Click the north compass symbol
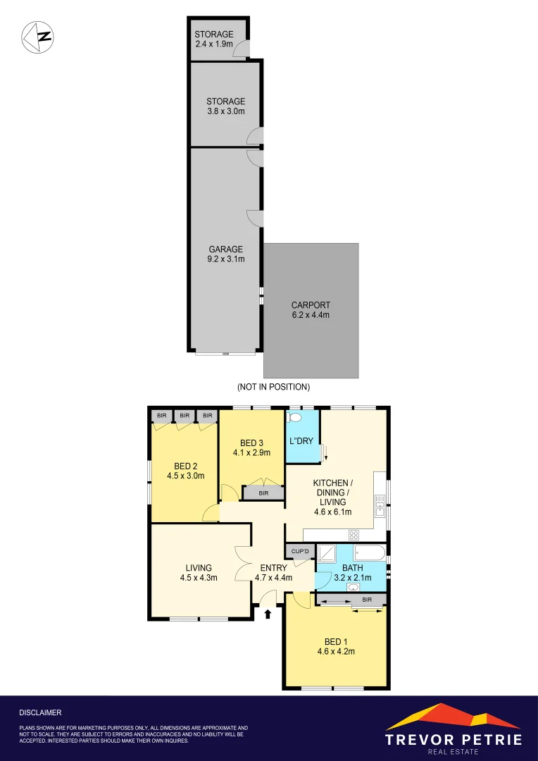pos(38,37)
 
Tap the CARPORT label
pos(311,305)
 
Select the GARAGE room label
pos(225,249)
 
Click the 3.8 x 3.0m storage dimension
pos(225,111)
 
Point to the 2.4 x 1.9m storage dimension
pos(214,44)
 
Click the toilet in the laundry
pos(294,418)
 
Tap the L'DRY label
pos(301,441)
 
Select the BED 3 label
pos(251,443)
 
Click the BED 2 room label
pos(184,465)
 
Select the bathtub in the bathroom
pos(369,552)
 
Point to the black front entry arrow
pos(268,614)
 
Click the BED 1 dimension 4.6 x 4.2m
pos(335,652)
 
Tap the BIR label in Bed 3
pos(263,493)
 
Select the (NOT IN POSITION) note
pos(274,387)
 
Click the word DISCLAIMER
pos(40,712)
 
